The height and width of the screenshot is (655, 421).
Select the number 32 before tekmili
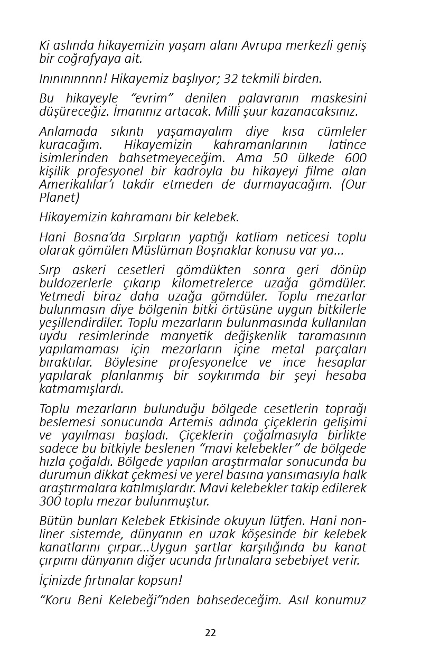click(231, 79)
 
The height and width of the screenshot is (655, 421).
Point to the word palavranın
click(273, 99)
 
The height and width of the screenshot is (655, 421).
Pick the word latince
click(347, 145)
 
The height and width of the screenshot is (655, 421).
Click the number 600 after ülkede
click(355, 158)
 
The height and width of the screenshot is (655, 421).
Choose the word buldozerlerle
click(74, 284)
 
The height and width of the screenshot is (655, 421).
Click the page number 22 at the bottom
click(210, 633)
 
